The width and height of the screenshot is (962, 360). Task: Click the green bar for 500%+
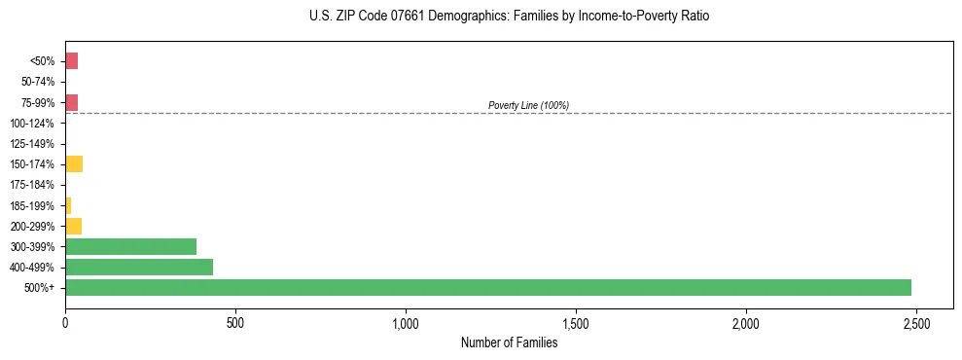487,288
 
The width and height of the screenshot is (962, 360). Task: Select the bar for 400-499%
139,268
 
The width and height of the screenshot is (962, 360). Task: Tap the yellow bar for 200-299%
73,226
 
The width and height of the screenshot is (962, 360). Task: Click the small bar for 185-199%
68,205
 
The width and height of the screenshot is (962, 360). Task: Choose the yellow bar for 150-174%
74,164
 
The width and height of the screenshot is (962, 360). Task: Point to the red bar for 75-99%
71,102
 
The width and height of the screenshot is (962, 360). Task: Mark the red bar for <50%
71,61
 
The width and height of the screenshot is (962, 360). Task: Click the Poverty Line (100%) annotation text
528,105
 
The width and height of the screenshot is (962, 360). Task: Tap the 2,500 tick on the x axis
915,322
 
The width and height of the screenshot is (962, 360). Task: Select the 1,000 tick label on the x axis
405,322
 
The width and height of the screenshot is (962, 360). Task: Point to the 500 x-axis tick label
234,322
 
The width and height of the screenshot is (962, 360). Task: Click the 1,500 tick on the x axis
575,322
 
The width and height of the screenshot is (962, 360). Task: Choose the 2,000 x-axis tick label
745,322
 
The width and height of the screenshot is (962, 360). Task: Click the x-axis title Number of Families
509,342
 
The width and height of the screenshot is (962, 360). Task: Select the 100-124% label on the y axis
32,124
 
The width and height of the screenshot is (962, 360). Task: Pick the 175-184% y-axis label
32,185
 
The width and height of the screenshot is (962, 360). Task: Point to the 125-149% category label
32,144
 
